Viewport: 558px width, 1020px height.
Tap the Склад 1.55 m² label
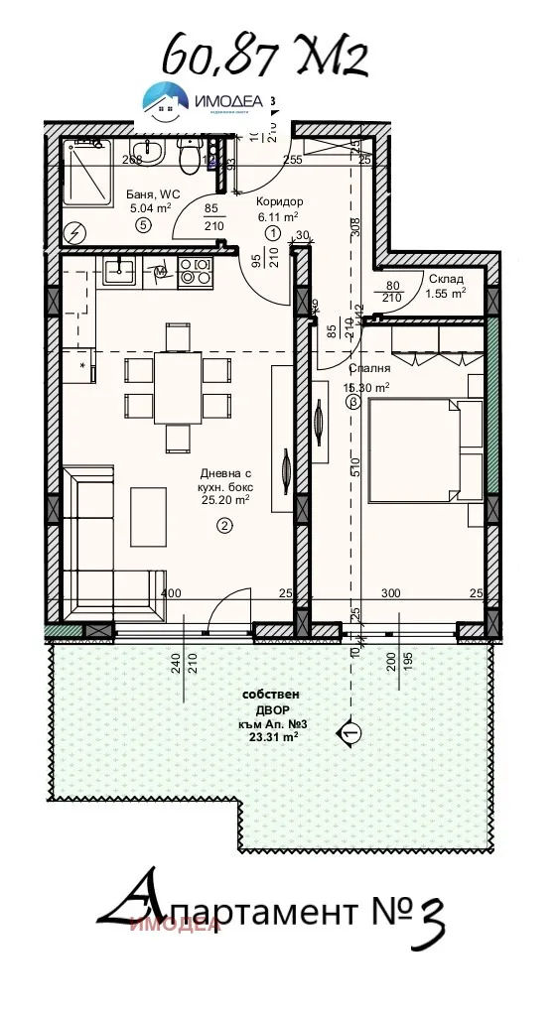point(446,286)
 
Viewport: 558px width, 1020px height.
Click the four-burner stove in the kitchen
point(194,273)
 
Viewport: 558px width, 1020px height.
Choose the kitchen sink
point(119,270)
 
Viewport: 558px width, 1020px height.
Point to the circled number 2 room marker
point(224,526)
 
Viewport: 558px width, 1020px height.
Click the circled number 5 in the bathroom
point(143,225)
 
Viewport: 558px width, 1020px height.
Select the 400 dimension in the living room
point(171,593)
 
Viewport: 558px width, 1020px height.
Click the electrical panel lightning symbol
point(75,233)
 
